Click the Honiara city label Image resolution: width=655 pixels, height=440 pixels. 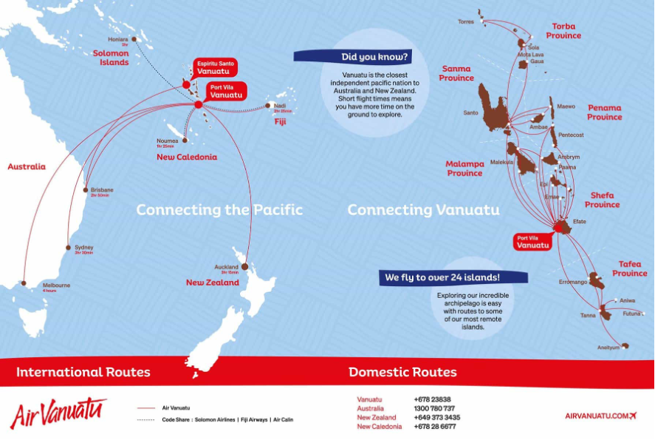tap(118, 39)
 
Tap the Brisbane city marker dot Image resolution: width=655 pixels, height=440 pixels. tap(86, 189)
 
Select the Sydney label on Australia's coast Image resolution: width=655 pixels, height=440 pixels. tap(83, 247)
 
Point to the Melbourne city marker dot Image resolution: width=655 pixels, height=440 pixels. tap(24, 282)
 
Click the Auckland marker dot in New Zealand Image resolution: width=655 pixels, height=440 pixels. tap(244, 267)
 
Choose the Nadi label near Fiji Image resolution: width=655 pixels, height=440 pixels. tap(280, 106)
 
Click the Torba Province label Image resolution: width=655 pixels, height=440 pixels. tap(563, 31)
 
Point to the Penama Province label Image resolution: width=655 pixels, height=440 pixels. tap(604, 112)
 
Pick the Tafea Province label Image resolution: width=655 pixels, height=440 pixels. tap(629, 268)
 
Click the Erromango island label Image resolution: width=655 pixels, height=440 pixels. tap(573, 282)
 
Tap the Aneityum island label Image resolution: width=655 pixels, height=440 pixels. tap(609, 348)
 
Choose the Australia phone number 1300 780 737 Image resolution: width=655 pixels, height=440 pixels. tap(434, 408)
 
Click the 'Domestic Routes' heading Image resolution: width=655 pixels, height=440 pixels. tap(402, 372)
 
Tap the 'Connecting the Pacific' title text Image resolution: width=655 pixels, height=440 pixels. tap(219, 210)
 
